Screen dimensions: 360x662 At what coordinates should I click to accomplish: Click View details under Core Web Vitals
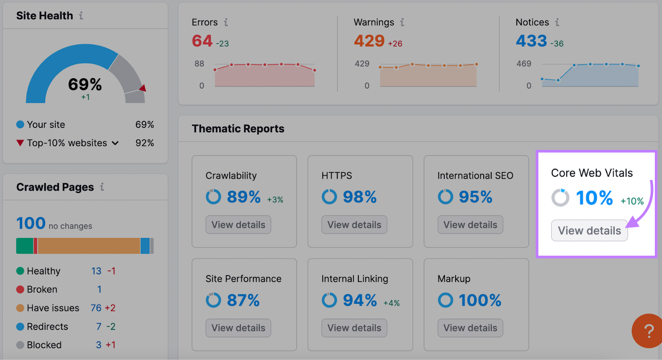[x=589, y=230]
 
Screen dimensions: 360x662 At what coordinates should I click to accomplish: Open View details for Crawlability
[x=238, y=225]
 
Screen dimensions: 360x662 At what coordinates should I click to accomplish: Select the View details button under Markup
[x=470, y=328]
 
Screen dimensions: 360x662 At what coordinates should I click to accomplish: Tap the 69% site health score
[x=85, y=84]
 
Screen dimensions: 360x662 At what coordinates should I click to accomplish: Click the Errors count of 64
[x=202, y=41]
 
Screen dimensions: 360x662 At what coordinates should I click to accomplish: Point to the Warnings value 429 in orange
[x=369, y=41]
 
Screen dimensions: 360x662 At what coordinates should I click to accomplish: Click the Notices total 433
[x=531, y=41]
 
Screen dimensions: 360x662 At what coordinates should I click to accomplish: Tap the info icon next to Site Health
[x=81, y=16]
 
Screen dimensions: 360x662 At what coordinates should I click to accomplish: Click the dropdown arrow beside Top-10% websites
[x=115, y=143]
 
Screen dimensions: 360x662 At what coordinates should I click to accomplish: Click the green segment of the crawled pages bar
[x=24, y=246]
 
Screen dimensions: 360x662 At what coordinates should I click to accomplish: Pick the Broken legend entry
[x=42, y=289]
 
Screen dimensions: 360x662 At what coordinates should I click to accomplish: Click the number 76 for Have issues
[x=96, y=308]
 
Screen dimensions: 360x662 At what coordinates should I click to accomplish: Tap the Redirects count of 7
[x=99, y=326]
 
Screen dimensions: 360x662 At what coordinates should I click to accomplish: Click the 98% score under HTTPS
[x=360, y=197]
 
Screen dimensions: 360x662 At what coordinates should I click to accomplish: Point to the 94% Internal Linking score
[x=360, y=300]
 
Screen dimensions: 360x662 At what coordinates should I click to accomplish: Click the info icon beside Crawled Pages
[x=102, y=187]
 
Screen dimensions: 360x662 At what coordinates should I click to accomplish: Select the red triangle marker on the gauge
[x=143, y=88]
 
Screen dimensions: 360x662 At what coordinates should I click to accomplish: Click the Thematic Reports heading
[x=238, y=129]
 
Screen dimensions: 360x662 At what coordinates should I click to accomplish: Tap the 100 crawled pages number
[x=31, y=223]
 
